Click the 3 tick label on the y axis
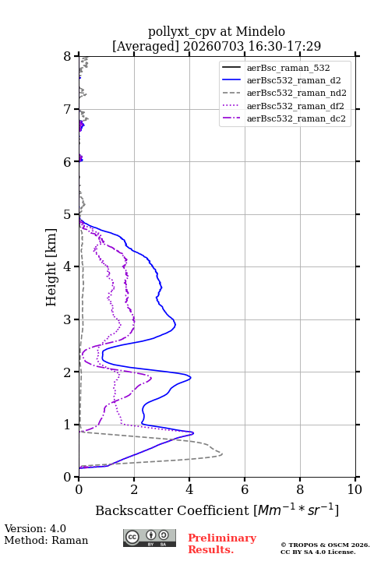pos(67,319)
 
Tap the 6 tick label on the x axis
pos(245,489)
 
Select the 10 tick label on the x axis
pos(355,489)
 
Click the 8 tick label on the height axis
pos(67,57)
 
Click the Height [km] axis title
pos(51,267)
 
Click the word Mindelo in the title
pos(260,31)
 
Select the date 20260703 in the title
pos(213,46)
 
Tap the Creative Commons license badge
pos(150,538)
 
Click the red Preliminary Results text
pos(222,544)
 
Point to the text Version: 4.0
pos(35,528)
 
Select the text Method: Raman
pos(46,540)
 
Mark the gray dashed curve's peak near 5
pos(222,454)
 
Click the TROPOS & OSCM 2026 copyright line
pos(325,545)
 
